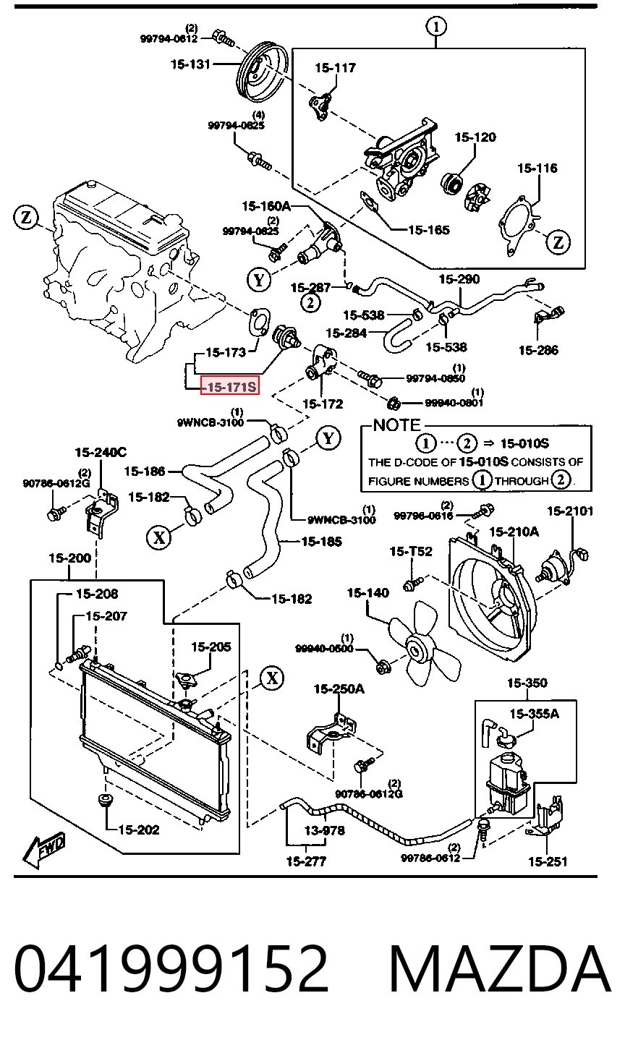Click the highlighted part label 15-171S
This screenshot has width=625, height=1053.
(x=230, y=386)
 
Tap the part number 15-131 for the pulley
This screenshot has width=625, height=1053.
(x=190, y=64)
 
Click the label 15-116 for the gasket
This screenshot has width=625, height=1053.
(x=537, y=168)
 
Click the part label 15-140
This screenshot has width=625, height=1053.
(x=367, y=593)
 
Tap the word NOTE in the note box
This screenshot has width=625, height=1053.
(x=397, y=425)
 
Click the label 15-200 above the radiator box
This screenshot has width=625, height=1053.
(x=69, y=558)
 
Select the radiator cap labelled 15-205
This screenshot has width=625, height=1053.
(x=187, y=680)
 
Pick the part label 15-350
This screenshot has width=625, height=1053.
(x=527, y=683)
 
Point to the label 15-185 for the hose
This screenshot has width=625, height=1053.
(x=322, y=542)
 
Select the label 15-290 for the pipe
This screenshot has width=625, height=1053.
(x=459, y=279)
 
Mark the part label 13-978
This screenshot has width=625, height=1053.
(x=325, y=831)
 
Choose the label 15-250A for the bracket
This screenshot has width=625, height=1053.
(x=339, y=689)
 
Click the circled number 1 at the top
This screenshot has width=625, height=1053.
(x=436, y=27)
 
